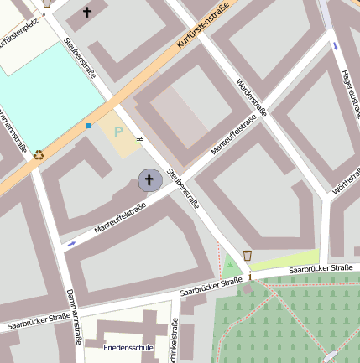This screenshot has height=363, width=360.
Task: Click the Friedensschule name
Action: [x=128, y=346]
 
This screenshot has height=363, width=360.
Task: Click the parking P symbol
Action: [x=118, y=132]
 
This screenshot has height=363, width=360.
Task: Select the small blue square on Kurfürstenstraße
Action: [x=87, y=126]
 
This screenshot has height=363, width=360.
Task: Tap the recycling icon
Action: [x=39, y=154]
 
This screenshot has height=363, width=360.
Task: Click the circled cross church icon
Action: [x=149, y=179]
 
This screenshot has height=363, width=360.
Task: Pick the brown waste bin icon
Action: [x=247, y=254]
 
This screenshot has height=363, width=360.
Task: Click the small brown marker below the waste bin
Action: [x=248, y=276]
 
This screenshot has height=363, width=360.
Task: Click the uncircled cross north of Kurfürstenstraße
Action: [x=87, y=12]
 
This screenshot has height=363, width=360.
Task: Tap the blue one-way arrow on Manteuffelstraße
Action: [x=70, y=244]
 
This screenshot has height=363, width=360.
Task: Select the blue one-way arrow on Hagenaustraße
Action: [x=335, y=45]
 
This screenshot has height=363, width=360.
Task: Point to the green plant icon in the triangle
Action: [x=230, y=264]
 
